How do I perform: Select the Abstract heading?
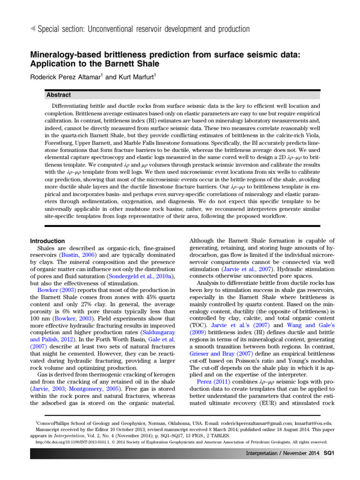tap(59, 95)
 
